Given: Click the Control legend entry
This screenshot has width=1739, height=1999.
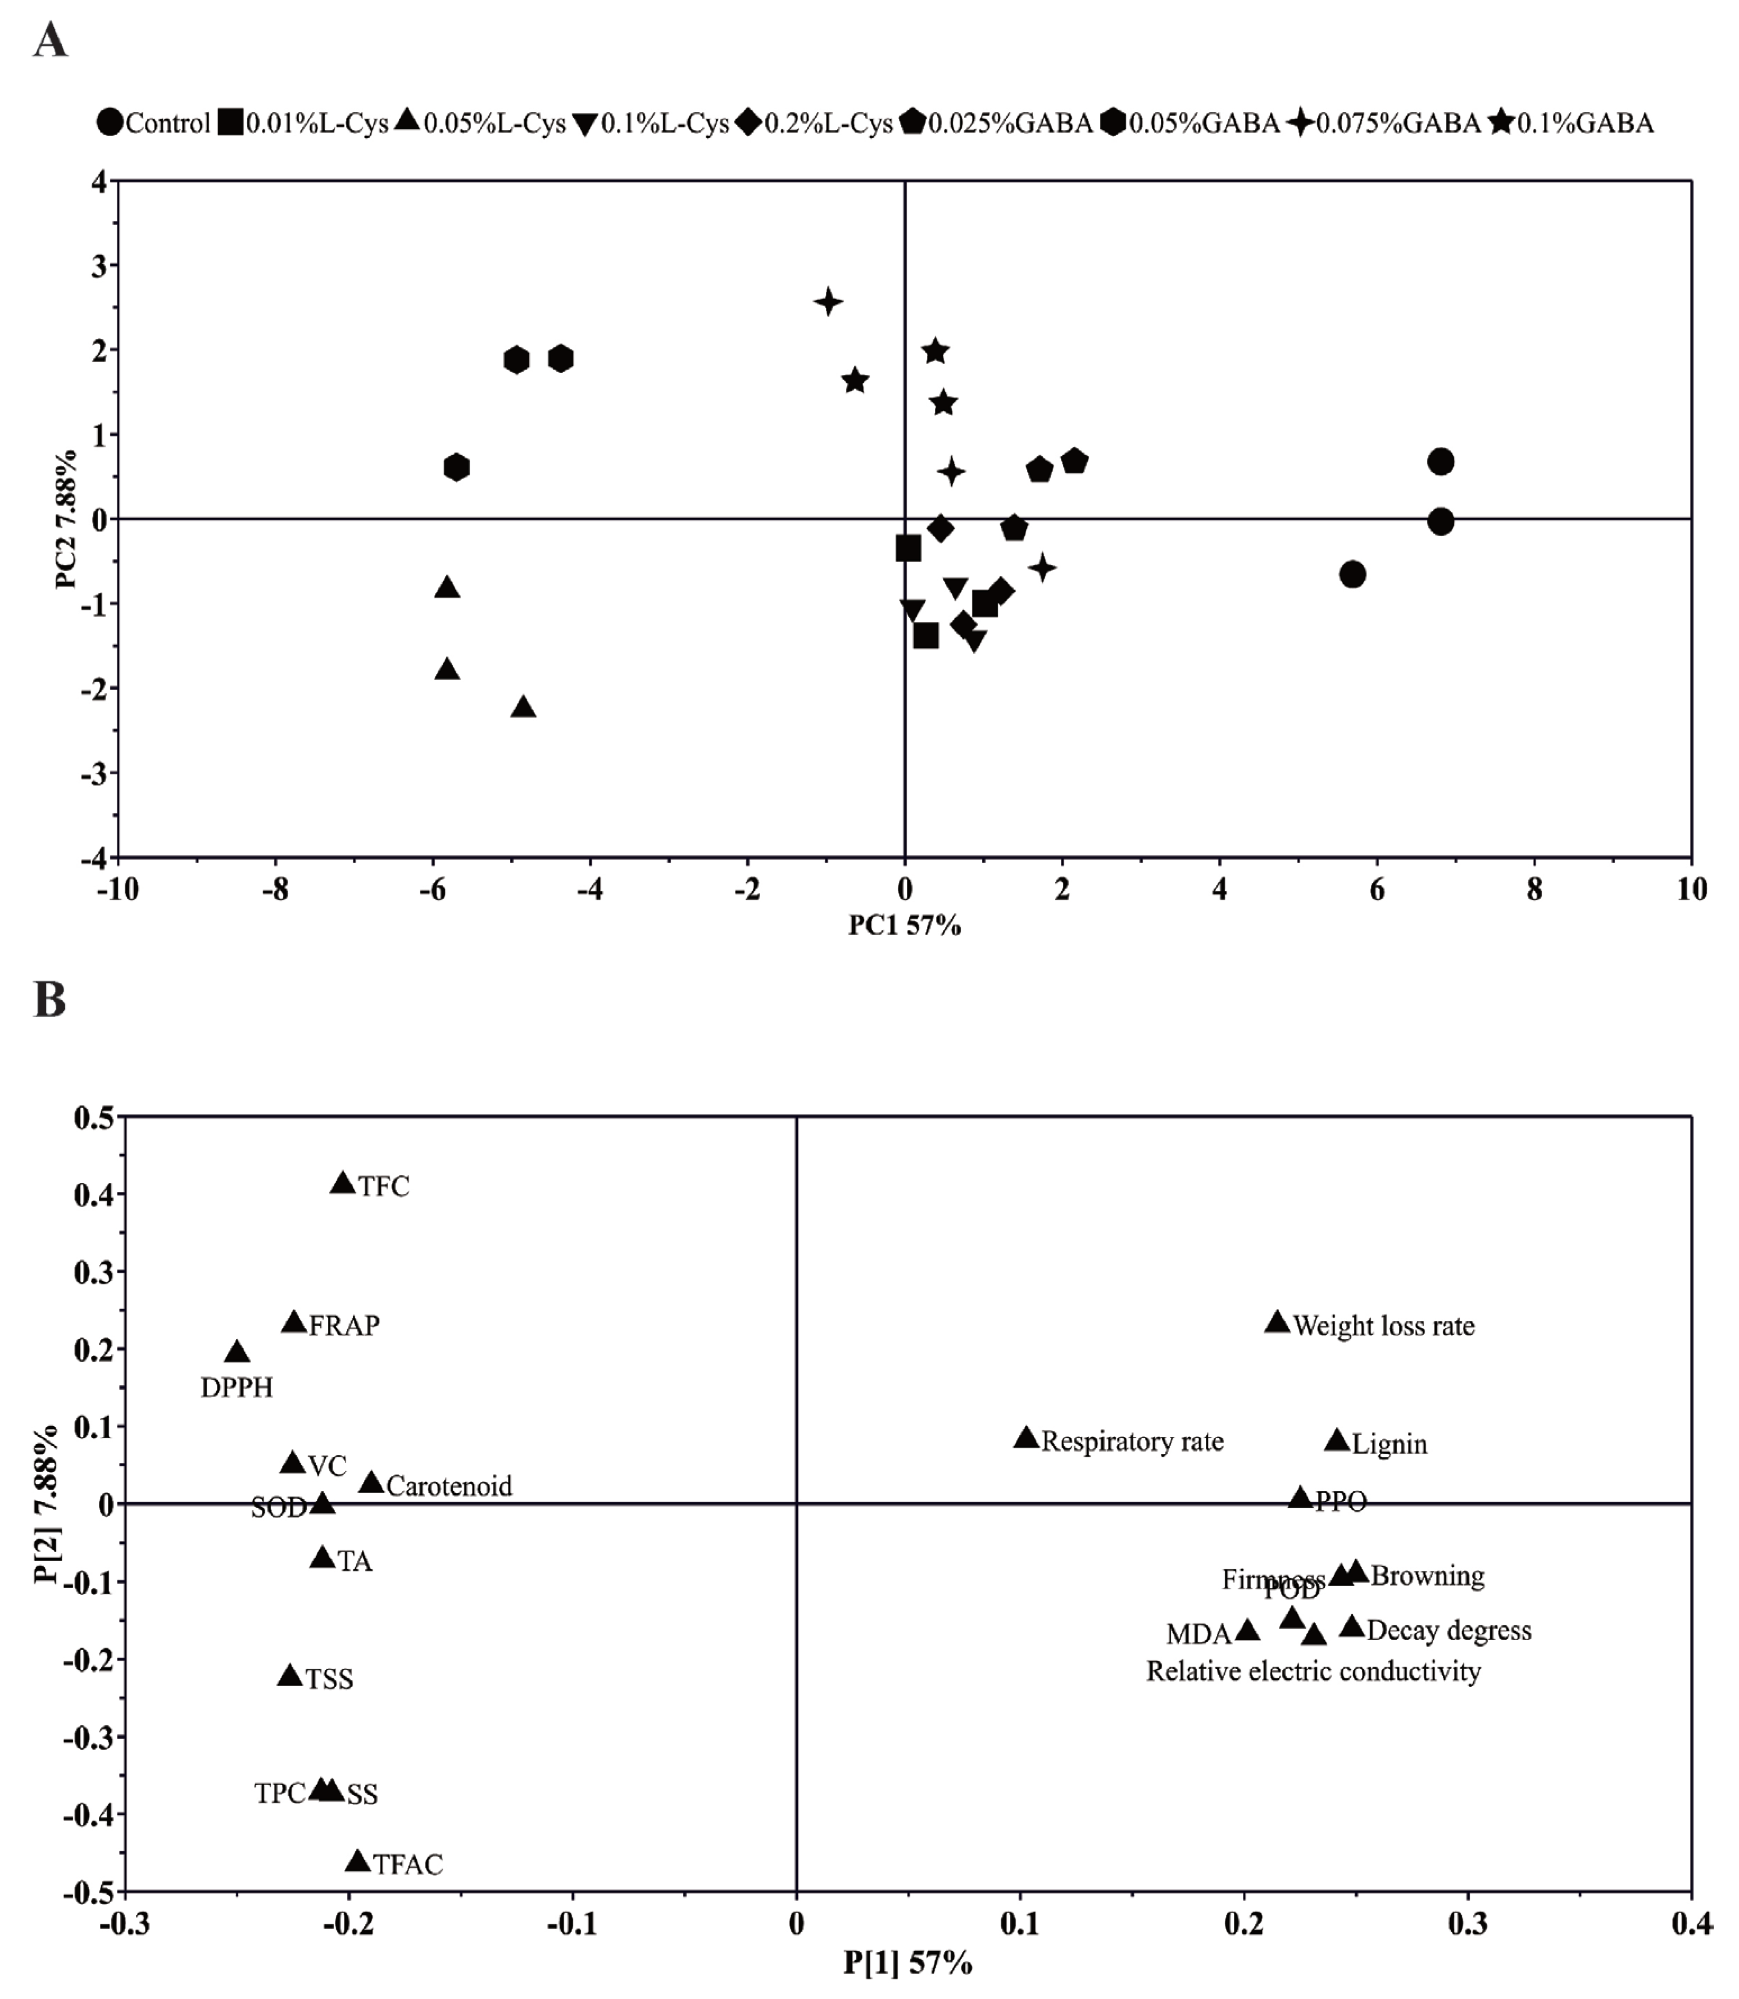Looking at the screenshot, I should click(x=155, y=123).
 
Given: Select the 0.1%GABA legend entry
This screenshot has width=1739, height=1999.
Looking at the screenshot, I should click(x=1572, y=123).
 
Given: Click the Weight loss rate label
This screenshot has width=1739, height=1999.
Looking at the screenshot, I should click(x=1384, y=1326).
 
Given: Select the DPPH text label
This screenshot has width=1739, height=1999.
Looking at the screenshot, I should click(x=237, y=1388).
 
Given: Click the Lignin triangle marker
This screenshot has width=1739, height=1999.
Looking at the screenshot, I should click(x=1336, y=1440).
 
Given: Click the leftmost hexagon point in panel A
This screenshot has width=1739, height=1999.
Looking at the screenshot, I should click(x=456, y=468).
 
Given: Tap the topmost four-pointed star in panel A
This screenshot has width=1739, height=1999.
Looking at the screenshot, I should click(x=828, y=302).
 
